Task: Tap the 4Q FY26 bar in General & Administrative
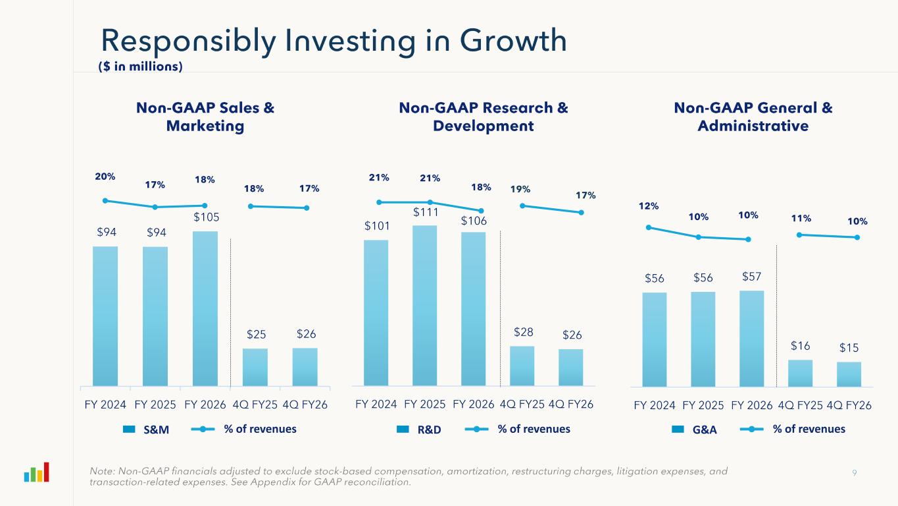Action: (x=849, y=374)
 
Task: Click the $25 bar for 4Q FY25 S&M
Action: (x=255, y=367)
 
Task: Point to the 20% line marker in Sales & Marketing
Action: (x=105, y=201)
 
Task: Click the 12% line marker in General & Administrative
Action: (x=649, y=227)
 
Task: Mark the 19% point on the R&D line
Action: (x=523, y=206)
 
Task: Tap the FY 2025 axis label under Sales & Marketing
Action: (x=155, y=405)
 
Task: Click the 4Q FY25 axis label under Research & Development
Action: (x=522, y=405)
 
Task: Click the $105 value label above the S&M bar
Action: (x=206, y=216)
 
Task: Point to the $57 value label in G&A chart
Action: (x=753, y=277)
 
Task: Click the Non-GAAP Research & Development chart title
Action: (x=483, y=117)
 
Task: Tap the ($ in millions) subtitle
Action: (x=140, y=67)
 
